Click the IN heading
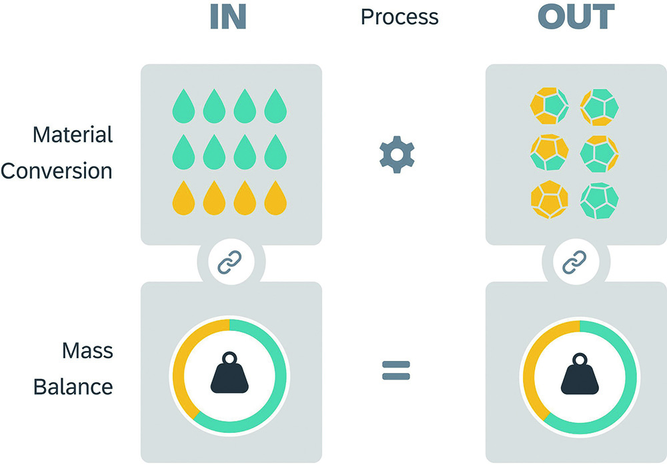228,17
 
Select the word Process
400,17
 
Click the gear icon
397,154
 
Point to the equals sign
396,370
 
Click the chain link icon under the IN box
231,264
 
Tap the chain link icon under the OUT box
575,264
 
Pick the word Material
73,135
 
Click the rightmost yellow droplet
275,199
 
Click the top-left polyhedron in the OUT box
548,107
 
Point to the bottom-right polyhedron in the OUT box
600,200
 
